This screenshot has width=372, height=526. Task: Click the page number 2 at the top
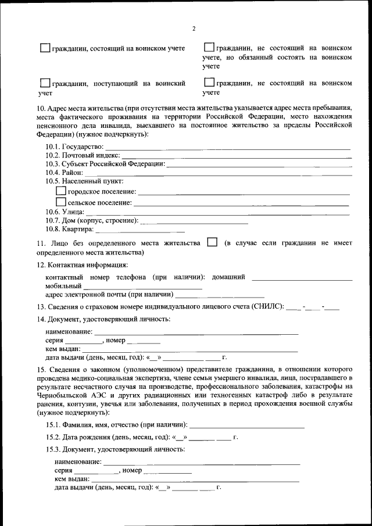(194, 29)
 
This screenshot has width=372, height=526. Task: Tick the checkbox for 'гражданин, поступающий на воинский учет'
(45, 83)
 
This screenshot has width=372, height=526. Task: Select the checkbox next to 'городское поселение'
(60, 190)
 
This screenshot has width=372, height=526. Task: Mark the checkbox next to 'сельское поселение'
(60, 202)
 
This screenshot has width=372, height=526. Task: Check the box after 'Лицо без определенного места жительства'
(212, 242)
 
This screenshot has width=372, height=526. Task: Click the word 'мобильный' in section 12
(63, 286)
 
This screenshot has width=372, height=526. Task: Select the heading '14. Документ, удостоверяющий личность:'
(103, 319)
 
